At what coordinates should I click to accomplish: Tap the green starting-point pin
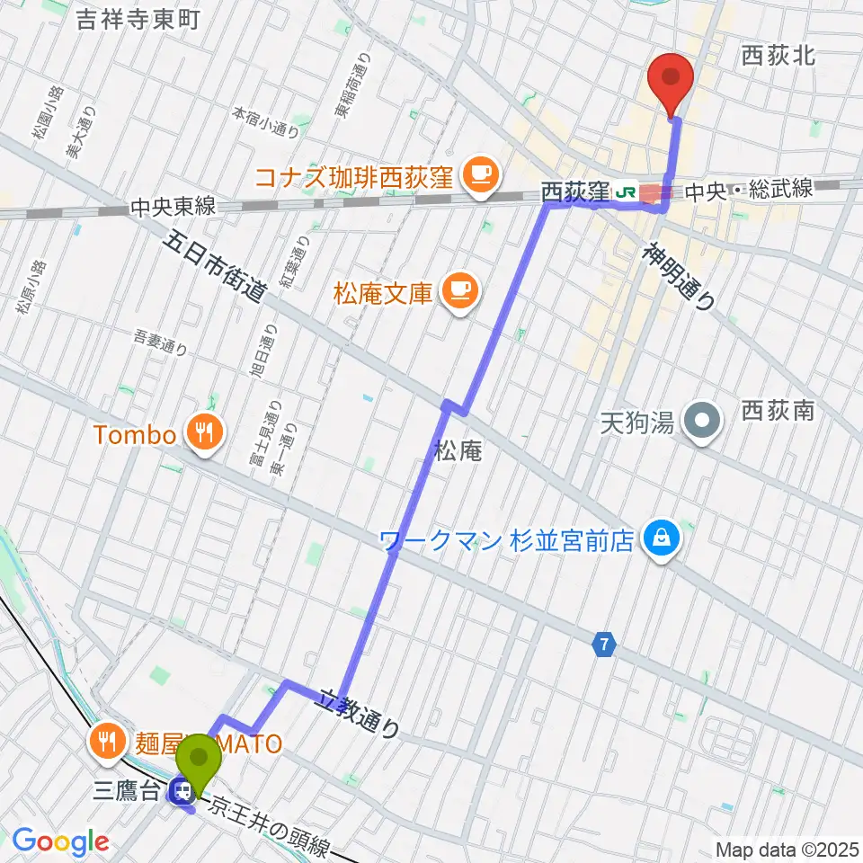click(x=200, y=761)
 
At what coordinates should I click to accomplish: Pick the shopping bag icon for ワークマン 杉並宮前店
click(x=662, y=540)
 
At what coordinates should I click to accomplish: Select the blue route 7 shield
click(x=605, y=644)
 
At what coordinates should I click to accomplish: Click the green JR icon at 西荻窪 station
click(x=627, y=191)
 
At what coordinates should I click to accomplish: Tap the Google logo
click(x=60, y=842)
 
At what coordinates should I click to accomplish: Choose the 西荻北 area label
click(x=778, y=56)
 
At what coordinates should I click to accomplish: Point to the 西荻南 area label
click(x=778, y=412)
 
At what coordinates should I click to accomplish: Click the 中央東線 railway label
click(x=172, y=207)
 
